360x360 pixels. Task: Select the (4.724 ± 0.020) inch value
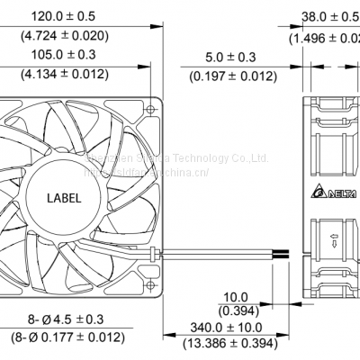pyautogui.click(x=59, y=36)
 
